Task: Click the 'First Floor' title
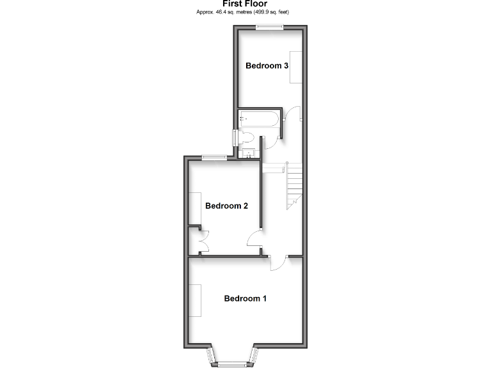pyautogui.click(x=245, y=3)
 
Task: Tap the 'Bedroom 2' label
pyautogui.click(x=226, y=206)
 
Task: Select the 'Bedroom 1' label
pyautogui.click(x=245, y=298)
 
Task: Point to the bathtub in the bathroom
pyautogui.click(x=258, y=118)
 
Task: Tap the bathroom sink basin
pyautogui.click(x=248, y=153)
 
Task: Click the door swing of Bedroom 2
pyautogui.click(x=254, y=239)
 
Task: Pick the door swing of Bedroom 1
pyautogui.click(x=279, y=263)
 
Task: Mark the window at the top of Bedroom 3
pyautogui.click(x=269, y=27)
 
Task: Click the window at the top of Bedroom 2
pyautogui.click(x=212, y=158)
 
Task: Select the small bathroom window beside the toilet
pyautogui.click(x=235, y=137)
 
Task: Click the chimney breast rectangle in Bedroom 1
pyautogui.click(x=195, y=300)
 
